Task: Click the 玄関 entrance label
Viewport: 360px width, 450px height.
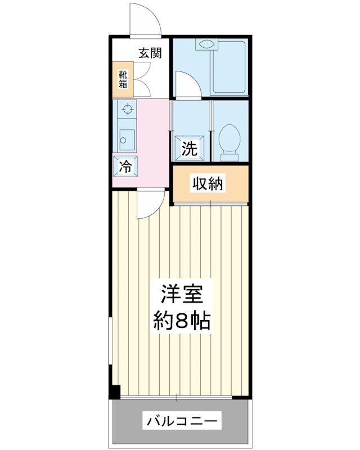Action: [150, 53]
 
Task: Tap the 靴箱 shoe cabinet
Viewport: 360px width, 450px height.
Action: [123, 79]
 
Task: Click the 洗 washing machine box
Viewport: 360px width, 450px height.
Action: [190, 148]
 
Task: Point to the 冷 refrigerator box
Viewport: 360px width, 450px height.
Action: [125, 166]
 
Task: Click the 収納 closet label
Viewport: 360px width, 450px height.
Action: [208, 183]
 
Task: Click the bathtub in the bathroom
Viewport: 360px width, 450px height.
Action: [228, 67]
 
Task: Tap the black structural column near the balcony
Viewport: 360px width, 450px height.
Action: [115, 391]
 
